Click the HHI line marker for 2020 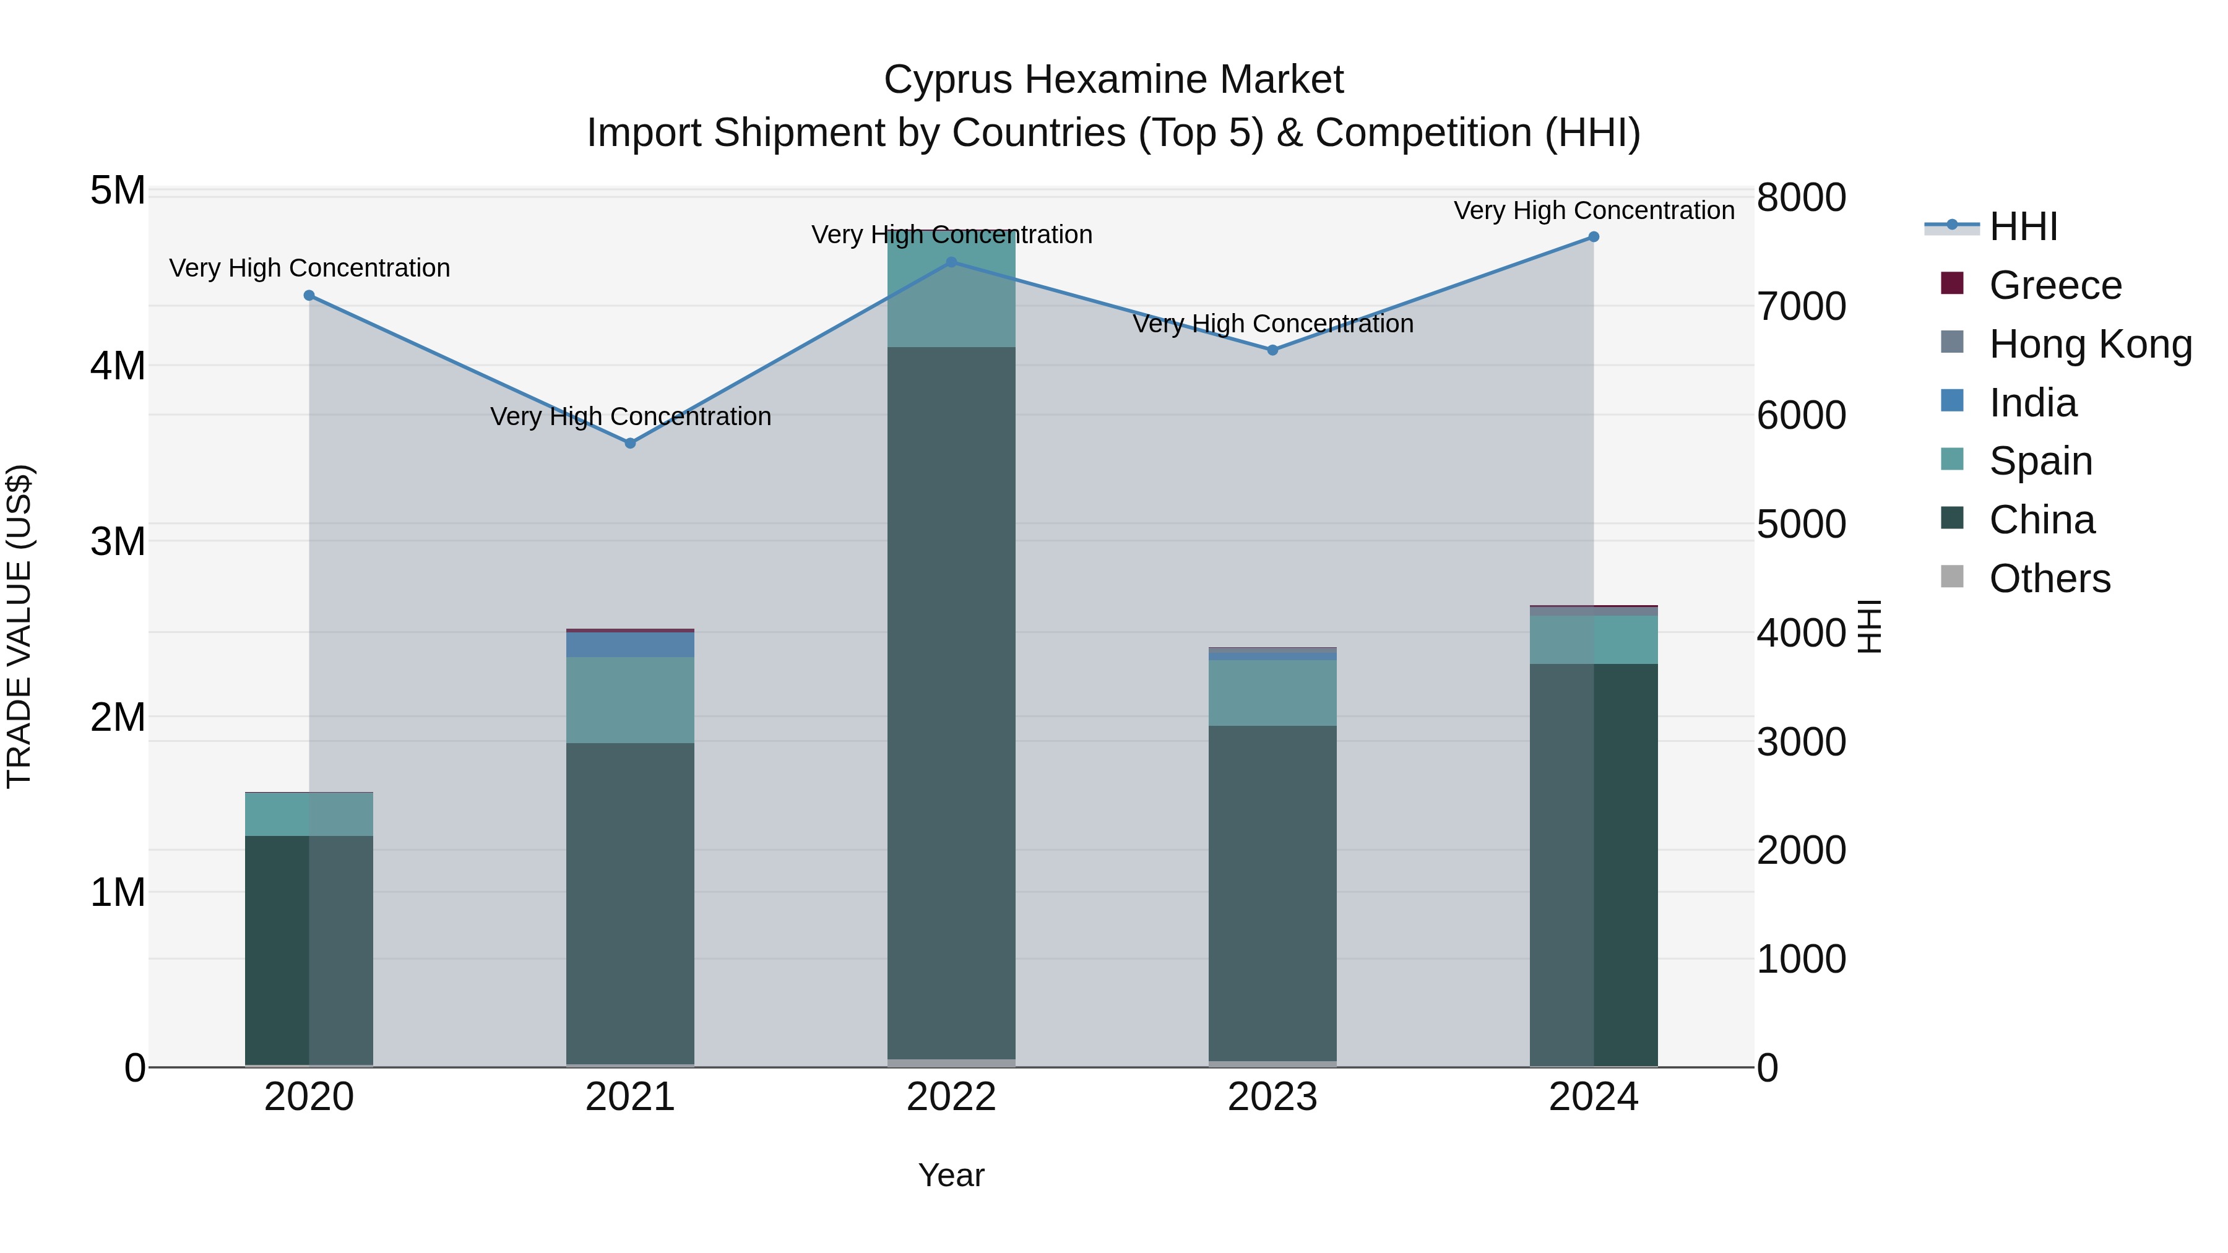click(x=309, y=296)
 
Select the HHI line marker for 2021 click(x=631, y=443)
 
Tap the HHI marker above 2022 click(x=951, y=262)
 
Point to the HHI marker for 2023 click(x=1272, y=350)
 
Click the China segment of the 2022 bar click(x=951, y=700)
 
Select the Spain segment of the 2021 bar click(x=631, y=700)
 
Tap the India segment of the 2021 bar click(x=631, y=644)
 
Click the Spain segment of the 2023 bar click(x=1272, y=692)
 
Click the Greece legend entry click(x=2055, y=285)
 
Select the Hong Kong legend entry click(x=2089, y=344)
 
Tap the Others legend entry click(x=2049, y=579)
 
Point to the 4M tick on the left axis click(x=118, y=366)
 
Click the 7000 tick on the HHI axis click(x=1802, y=306)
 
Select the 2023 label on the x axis click(x=1272, y=1097)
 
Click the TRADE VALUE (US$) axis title click(x=19, y=626)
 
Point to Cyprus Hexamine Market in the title click(x=1113, y=80)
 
